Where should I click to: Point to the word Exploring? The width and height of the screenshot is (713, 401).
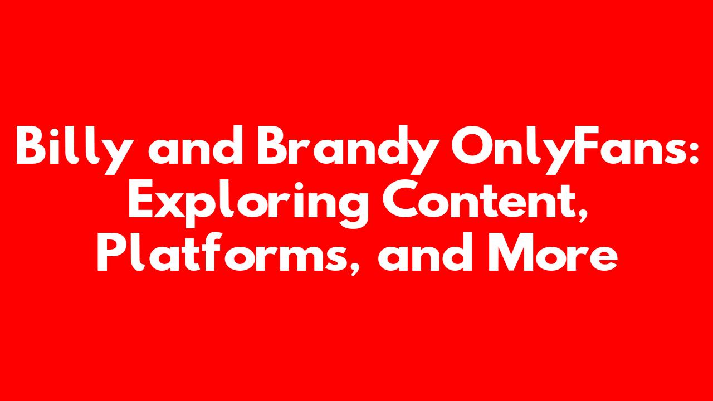tap(248, 203)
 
